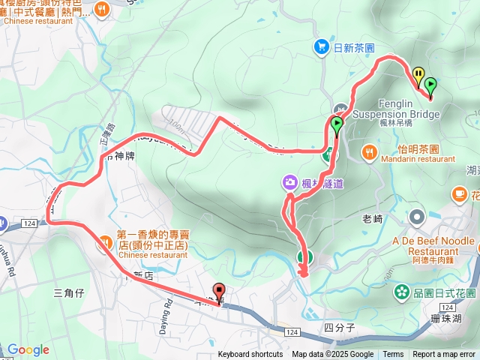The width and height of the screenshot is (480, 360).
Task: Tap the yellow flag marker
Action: (x=418, y=76)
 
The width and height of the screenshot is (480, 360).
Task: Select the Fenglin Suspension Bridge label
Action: (x=395, y=110)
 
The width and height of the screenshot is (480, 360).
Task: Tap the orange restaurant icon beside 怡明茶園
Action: (x=369, y=152)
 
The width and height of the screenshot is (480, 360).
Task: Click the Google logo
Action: (x=28, y=349)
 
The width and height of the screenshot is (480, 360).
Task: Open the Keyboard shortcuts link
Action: (x=250, y=355)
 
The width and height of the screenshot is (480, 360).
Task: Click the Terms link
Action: (x=393, y=355)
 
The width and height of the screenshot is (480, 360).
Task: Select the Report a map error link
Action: (x=445, y=355)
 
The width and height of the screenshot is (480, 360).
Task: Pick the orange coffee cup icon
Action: (x=458, y=194)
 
